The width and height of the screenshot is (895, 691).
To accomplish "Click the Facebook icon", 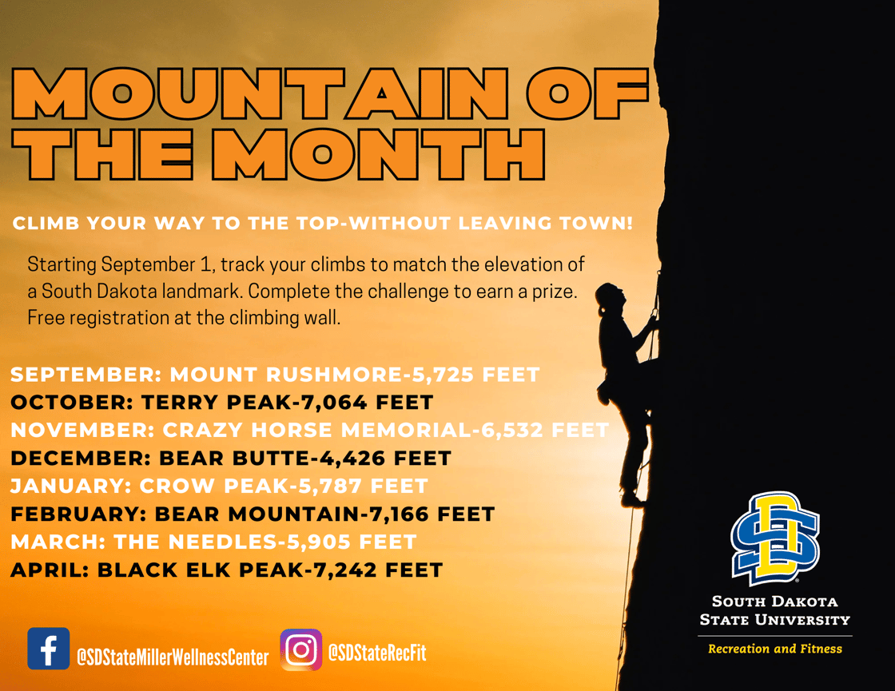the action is [49, 648].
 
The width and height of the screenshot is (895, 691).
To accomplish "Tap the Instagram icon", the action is [300, 649].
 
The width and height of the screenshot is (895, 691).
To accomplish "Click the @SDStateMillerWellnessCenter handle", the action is [173, 657].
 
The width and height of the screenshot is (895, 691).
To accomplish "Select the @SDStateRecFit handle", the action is [376, 653].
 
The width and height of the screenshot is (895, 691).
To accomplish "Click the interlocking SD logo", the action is [775, 538].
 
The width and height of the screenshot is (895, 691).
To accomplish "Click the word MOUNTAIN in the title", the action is [260, 94].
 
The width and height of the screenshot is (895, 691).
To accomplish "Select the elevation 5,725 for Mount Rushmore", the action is [443, 375].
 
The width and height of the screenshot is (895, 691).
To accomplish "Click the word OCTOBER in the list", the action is [72, 403].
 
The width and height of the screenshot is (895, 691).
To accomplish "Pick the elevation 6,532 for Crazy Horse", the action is [512, 431].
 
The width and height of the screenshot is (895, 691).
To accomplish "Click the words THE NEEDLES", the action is [195, 542].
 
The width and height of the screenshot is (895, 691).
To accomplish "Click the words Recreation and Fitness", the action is [775, 649].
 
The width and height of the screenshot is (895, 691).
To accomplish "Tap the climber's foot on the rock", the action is [632, 500].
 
